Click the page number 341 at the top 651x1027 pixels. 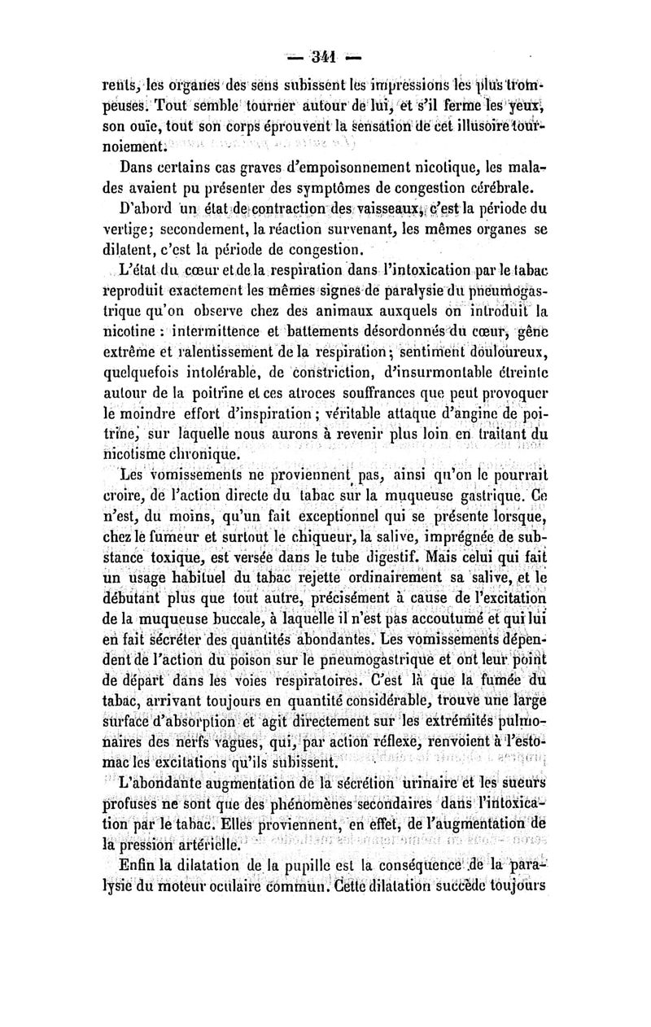[325, 59]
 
